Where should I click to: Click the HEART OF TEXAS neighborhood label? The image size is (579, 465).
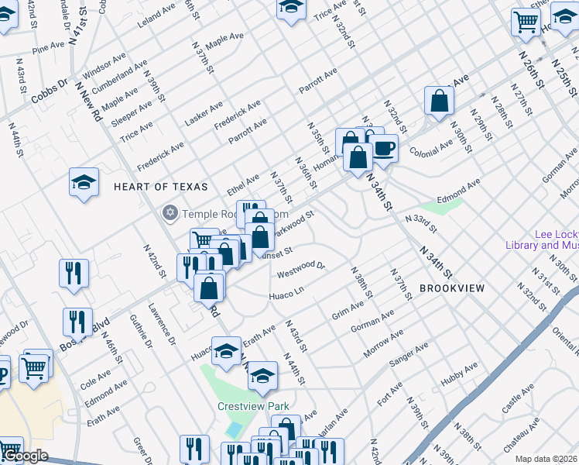click(x=161, y=187)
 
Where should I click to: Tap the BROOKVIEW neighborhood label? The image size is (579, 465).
click(x=452, y=288)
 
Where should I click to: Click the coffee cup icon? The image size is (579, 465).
click(x=385, y=147)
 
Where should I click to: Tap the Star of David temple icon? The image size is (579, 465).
click(x=169, y=212)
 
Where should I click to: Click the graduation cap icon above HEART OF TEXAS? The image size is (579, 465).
click(x=84, y=182)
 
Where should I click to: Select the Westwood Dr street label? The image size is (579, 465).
click(x=302, y=269)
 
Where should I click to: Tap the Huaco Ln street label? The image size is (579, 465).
click(x=286, y=295)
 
